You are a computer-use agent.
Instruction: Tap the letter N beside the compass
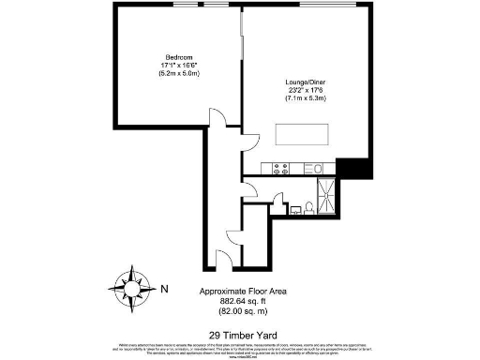point(165,288)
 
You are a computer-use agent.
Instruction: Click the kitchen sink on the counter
point(317,169)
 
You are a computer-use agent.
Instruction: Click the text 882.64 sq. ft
point(231,301)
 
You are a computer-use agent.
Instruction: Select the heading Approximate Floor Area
point(231,292)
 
